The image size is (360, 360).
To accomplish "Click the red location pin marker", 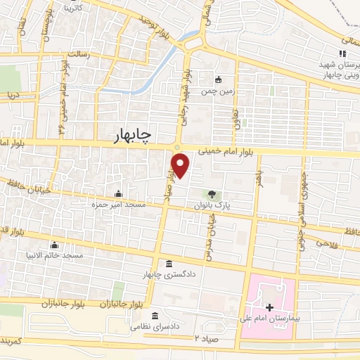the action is tap(181, 165).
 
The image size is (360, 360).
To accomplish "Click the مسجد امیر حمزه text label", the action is tap(118, 204).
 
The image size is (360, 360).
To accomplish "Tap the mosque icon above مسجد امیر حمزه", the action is tap(118, 194).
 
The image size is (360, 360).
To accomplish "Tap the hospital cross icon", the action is tap(271, 307).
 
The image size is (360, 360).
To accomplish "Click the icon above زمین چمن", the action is tap(218, 79).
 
